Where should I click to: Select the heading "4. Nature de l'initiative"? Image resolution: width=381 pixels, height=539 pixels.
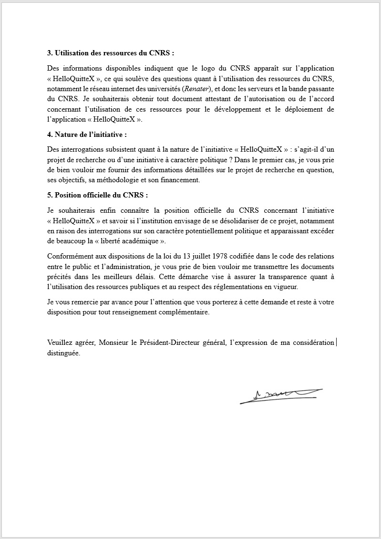pyautogui.click(x=87, y=135)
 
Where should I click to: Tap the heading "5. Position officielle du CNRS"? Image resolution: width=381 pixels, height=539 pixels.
pyautogui.click(x=98, y=195)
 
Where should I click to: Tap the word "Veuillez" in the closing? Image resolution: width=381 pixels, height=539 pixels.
pyautogui.click(x=62, y=343)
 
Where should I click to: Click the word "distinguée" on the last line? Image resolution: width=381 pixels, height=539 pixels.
pyautogui.click(x=64, y=353)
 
